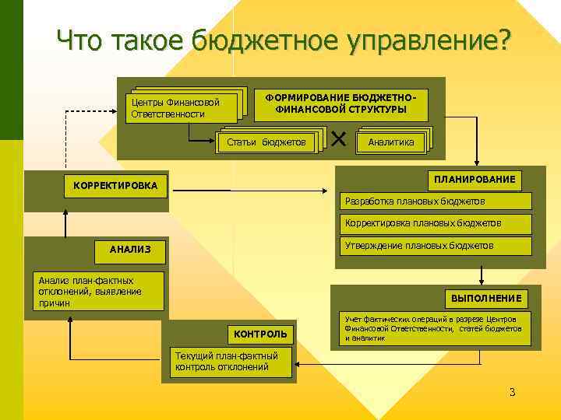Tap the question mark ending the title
(x=504, y=39)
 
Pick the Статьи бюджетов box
(x=266, y=142)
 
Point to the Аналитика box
(x=391, y=142)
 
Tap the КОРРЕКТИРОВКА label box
(x=115, y=186)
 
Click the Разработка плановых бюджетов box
(x=436, y=201)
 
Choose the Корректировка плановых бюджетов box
(x=436, y=223)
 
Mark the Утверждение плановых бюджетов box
(x=436, y=246)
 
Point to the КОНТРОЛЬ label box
(x=260, y=334)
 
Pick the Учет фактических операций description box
(x=434, y=328)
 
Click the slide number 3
(x=512, y=391)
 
